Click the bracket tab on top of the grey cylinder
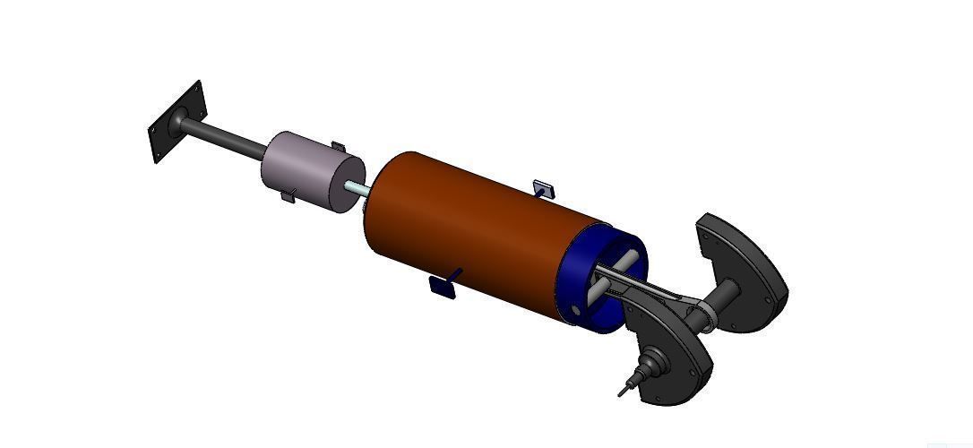coord(338,146)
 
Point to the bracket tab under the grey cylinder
coord(288,195)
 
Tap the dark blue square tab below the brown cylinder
coord(443,286)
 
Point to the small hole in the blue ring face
coord(576,311)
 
